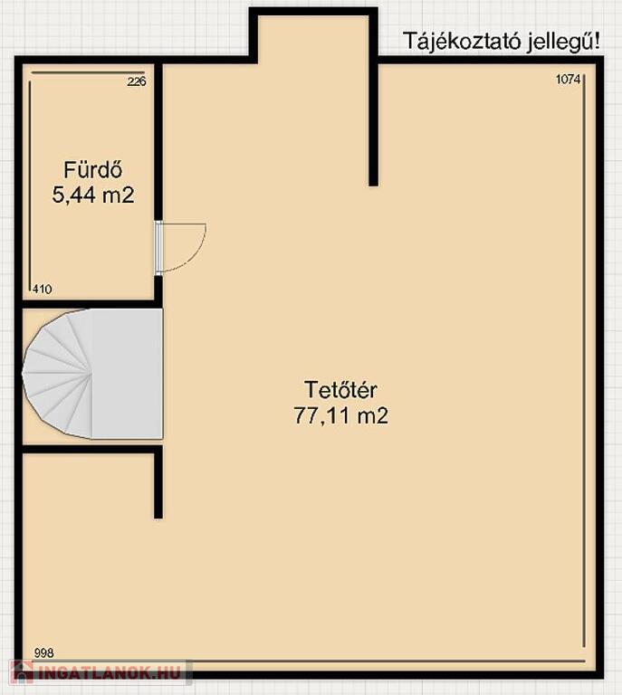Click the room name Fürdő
coord(92,170)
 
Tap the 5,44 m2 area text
coord(93,195)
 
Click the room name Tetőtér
coord(340,390)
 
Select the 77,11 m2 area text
coord(340,415)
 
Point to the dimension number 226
coord(137,81)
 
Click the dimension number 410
coord(43,290)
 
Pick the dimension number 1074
coord(568,80)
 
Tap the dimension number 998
coord(43,652)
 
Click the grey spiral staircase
coord(92,374)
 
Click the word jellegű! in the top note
coord(564,42)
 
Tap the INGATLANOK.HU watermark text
coord(110,673)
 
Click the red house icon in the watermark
coord(22,673)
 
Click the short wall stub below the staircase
coord(158,482)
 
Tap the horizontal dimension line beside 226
coord(87,72)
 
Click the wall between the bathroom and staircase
coord(89,304)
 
